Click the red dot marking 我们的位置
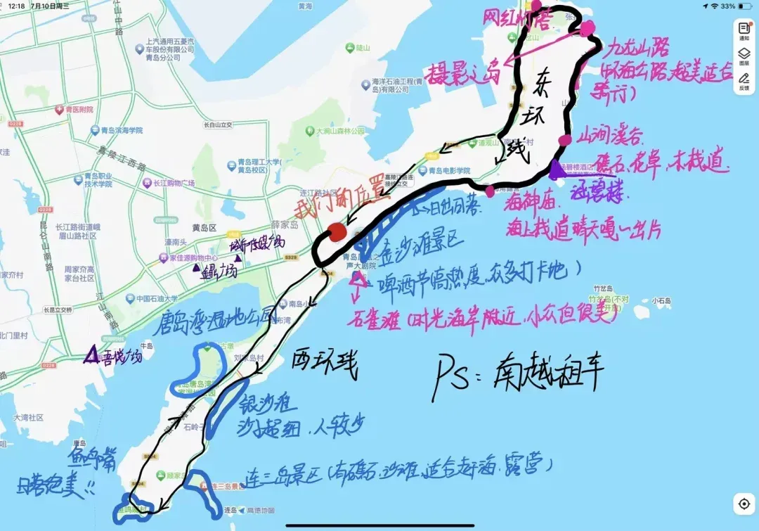(338, 233)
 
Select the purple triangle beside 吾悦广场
(91, 356)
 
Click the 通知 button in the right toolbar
(744, 32)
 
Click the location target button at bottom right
(744, 504)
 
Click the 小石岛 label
(661, 301)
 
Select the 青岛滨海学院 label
(116, 131)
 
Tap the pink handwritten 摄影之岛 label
(462, 71)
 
